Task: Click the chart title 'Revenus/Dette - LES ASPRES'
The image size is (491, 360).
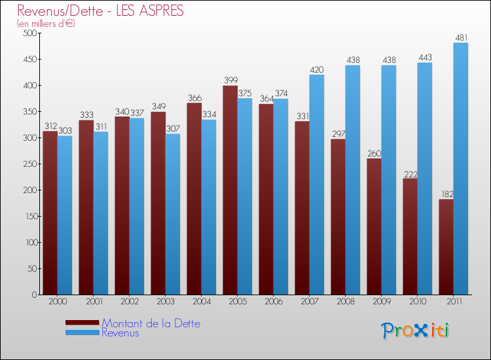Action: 101,11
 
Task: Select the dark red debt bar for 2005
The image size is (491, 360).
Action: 230,190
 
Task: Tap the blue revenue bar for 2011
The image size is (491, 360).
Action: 460,169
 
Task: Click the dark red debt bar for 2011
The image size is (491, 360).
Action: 446,247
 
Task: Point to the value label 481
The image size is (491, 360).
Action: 461,37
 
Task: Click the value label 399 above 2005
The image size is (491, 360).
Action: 230,81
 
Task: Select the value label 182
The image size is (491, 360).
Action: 446,194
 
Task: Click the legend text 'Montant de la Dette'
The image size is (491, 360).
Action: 151,323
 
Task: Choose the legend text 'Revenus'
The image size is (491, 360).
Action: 120,333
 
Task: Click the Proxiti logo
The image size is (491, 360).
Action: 415,331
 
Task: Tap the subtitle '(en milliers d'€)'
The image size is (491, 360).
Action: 46,24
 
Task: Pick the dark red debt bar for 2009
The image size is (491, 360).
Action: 374,226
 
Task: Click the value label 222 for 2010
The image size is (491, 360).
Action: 410,173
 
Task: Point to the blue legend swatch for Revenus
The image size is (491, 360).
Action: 82,333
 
